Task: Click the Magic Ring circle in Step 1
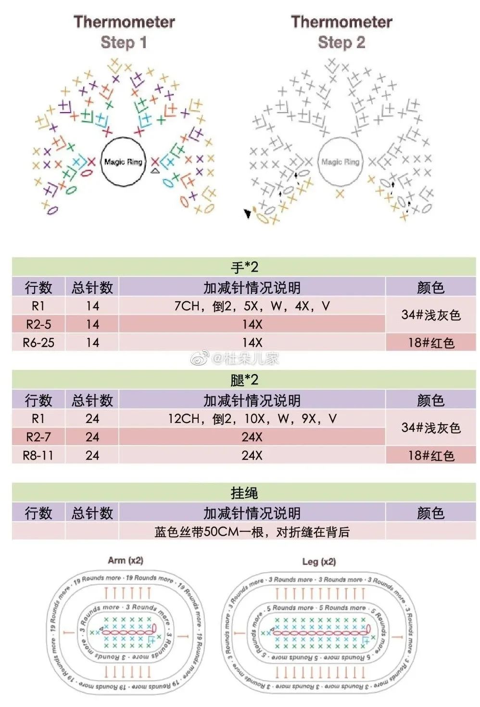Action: pyautogui.click(x=123, y=162)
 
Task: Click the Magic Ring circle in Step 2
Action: pyautogui.click(x=340, y=162)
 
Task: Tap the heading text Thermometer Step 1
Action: pyautogui.click(x=124, y=32)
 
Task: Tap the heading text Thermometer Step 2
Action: pyautogui.click(x=341, y=32)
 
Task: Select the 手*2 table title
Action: pyautogui.click(x=244, y=267)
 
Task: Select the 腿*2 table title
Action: pyautogui.click(x=244, y=380)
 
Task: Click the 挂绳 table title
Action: pyautogui.click(x=244, y=493)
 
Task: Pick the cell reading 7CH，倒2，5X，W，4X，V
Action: pyautogui.click(x=252, y=306)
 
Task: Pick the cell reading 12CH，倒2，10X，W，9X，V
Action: pyautogui.click(x=252, y=419)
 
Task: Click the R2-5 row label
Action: pyautogui.click(x=38, y=324)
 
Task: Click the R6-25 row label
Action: pyautogui.click(x=38, y=343)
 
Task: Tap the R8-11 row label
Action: pyautogui.click(x=38, y=455)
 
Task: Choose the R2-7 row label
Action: pyautogui.click(x=38, y=437)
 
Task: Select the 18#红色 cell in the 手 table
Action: pyautogui.click(x=431, y=343)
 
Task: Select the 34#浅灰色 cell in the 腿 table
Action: pyautogui.click(x=431, y=428)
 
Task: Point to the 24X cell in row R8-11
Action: pyautogui.click(x=252, y=455)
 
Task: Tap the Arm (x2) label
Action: pyautogui.click(x=126, y=560)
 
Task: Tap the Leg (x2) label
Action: pyautogui.click(x=319, y=561)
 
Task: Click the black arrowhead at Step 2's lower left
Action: pyautogui.click(x=248, y=213)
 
